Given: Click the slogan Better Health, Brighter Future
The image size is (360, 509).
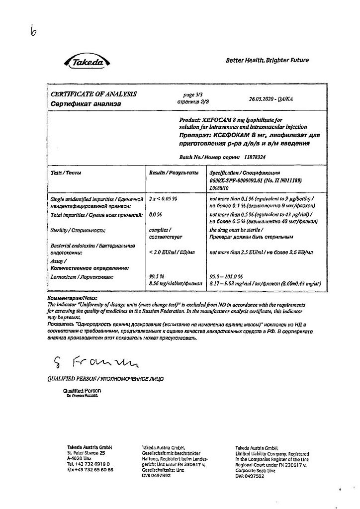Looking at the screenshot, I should point(267,60).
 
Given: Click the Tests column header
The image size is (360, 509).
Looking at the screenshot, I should point(66,172).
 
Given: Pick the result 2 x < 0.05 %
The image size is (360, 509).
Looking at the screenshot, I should point(163,199).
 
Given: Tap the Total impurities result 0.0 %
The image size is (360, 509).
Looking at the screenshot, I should point(156,214).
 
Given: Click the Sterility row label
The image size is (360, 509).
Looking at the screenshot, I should point(78,230).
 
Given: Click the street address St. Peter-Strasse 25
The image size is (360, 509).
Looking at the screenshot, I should point(86,453).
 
